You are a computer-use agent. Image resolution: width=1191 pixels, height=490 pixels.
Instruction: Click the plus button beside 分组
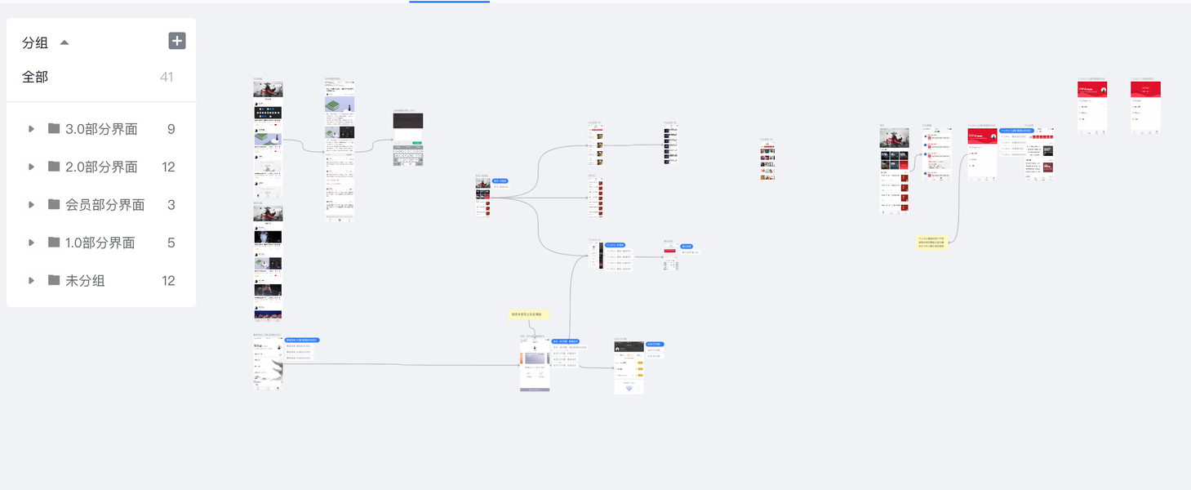(x=177, y=41)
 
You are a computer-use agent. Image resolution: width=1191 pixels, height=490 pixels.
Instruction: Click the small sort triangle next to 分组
(x=64, y=42)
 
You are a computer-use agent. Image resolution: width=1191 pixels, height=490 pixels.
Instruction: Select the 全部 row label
(x=35, y=77)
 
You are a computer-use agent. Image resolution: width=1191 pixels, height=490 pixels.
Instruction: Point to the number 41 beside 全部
(x=167, y=77)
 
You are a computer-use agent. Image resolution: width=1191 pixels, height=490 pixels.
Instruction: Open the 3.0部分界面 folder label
(x=101, y=129)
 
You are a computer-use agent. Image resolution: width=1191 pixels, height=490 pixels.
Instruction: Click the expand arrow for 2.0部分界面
(x=31, y=167)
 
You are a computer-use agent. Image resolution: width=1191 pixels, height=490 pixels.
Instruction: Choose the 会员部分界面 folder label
(x=104, y=205)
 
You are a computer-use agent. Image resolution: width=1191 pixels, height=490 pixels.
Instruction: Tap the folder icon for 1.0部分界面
(x=54, y=243)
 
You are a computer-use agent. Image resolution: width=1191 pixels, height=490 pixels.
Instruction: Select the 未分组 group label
(x=85, y=281)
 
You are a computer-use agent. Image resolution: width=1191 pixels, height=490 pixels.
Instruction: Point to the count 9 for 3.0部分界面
(x=171, y=129)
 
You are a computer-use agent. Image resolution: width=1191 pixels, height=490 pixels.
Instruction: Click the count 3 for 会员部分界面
(x=171, y=205)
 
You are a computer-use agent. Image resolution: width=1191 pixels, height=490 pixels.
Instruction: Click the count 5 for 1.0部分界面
(x=171, y=243)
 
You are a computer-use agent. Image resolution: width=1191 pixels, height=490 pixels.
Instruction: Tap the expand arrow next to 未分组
(x=31, y=281)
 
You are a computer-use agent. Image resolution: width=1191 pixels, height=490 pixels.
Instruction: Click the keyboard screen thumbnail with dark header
(x=408, y=140)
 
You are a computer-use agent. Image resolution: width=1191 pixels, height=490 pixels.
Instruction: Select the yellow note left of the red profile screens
(x=932, y=242)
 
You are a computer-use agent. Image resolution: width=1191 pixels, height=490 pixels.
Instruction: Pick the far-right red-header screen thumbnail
(x=1145, y=107)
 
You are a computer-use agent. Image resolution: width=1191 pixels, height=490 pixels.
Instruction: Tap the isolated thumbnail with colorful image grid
(x=767, y=161)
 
